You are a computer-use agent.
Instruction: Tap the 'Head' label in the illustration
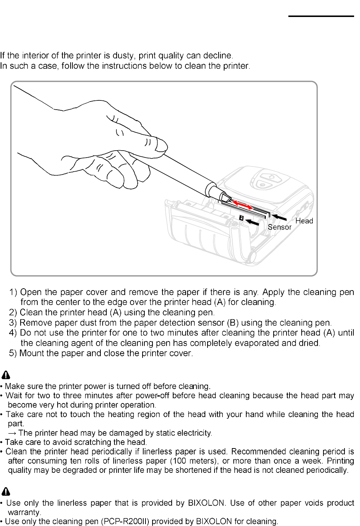coord(304,221)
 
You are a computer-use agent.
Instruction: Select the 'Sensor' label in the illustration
coord(280,227)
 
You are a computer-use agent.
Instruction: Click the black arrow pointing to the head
coord(280,218)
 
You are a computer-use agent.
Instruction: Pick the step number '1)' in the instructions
coord(14,292)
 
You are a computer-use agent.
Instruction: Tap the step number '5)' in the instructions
coord(14,353)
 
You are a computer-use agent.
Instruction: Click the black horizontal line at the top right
coord(320,16)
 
